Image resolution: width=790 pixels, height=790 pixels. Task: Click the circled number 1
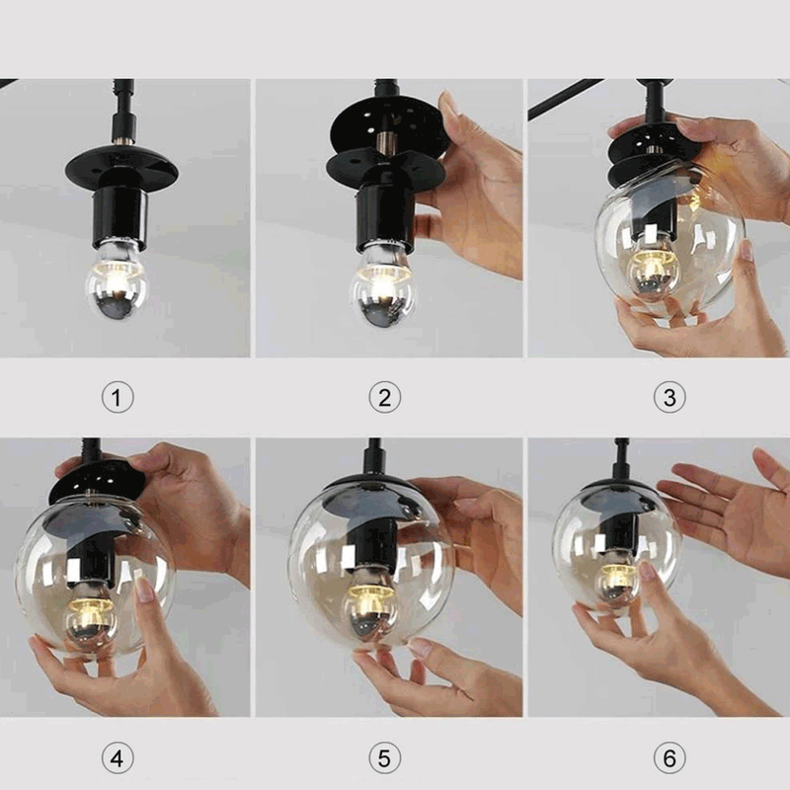(x=118, y=398)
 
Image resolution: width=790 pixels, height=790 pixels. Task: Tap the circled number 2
(x=384, y=398)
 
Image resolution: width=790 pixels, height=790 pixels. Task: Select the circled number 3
(x=670, y=398)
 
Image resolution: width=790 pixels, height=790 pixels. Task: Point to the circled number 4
(x=118, y=759)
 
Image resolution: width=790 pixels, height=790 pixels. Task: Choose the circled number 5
(x=384, y=759)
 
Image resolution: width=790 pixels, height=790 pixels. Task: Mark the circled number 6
(x=670, y=759)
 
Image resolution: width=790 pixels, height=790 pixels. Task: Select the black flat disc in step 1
(x=121, y=170)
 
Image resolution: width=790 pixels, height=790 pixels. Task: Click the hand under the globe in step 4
(x=138, y=681)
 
